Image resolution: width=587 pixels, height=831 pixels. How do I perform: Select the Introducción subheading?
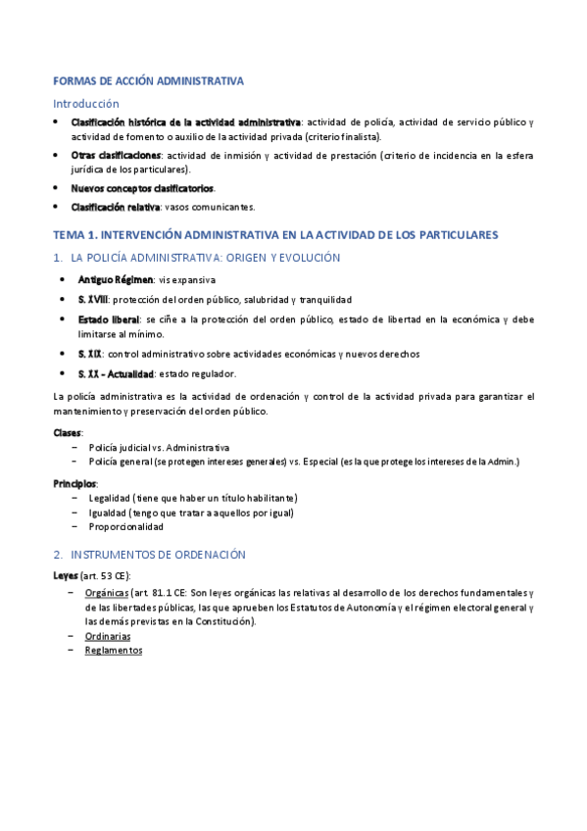point(85,103)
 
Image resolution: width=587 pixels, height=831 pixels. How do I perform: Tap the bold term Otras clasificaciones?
point(116,155)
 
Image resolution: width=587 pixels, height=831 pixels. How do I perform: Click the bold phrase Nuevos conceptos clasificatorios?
point(142,188)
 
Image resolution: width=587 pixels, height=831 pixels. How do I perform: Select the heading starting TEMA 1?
point(275,235)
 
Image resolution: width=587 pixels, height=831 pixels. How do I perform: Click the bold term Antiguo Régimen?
point(116,280)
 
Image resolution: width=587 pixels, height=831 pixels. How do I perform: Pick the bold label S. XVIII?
point(93,299)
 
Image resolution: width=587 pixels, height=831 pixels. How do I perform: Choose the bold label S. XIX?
point(90,354)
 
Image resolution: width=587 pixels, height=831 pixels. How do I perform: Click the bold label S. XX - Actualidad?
point(116,373)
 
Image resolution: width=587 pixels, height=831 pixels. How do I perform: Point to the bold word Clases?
point(68,432)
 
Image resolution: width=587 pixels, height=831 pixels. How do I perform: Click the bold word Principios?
point(74,483)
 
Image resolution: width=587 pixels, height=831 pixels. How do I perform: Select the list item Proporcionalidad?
point(125,526)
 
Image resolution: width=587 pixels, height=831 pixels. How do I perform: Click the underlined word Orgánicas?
point(106,593)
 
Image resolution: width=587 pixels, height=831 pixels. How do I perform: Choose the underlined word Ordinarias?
point(108,636)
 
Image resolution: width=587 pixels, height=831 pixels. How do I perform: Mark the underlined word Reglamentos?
point(113,650)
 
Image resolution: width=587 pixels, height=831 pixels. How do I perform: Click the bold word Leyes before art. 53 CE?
point(67,574)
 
